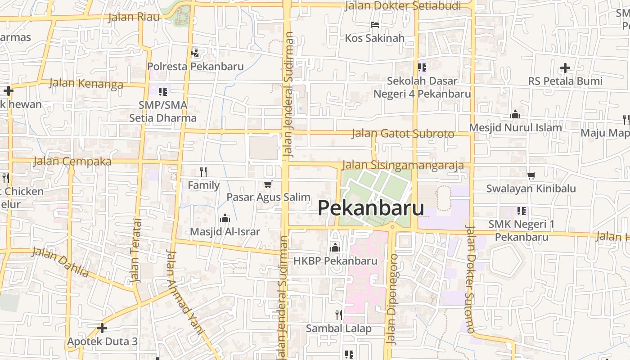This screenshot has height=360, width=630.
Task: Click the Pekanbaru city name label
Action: [371, 208]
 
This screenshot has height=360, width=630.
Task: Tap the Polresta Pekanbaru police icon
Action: [195, 54]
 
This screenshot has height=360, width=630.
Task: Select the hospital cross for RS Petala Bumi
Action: [565, 68]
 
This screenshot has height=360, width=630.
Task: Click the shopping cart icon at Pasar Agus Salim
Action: [268, 184]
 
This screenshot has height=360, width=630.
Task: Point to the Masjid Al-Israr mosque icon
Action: [225, 219]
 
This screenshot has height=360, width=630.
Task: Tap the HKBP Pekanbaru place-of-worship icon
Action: [335, 247]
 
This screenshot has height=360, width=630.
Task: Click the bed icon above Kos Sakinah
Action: [375, 25]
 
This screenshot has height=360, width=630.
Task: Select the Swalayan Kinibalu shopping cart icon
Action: [531, 175]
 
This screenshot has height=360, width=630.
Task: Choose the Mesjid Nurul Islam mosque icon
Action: [515, 115]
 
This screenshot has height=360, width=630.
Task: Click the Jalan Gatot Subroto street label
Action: [403, 134]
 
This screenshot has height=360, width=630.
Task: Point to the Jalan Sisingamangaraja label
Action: [403, 165]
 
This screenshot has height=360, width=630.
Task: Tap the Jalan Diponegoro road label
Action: [392, 299]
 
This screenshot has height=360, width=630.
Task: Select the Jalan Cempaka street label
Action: [72, 161]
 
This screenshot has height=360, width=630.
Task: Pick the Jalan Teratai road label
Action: [135, 250]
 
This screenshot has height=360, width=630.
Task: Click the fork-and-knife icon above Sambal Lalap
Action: [339, 315]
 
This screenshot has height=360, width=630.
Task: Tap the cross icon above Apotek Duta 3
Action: [102, 328]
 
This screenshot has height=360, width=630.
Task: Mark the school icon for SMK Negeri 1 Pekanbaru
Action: [522, 211]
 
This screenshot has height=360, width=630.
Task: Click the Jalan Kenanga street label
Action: [85, 83]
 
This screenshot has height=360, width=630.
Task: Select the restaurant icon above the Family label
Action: [203, 171]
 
